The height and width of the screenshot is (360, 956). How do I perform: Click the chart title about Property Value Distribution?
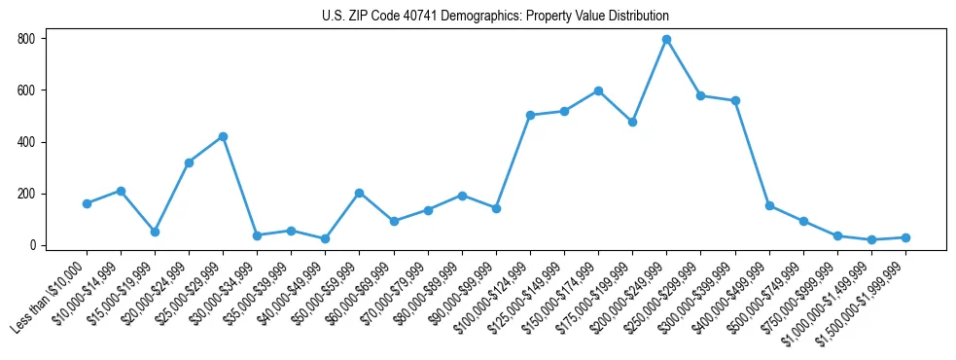pyautogui.click(x=495, y=16)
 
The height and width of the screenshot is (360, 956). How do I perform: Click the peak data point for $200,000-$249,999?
pyautogui.click(x=666, y=40)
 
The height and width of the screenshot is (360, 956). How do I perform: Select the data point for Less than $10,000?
pyautogui.click(x=87, y=203)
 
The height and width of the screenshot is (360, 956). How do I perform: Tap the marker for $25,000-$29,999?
pyautogui.click(x=223, y=137)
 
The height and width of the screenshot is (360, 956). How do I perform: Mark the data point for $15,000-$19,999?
pyautogui.click(x=155, y=232)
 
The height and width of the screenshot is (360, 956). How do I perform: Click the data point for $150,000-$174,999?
pyautogui.click(x=598, y=90)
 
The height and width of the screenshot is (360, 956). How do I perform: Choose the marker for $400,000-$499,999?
pyautogui.click(x=769, y=206)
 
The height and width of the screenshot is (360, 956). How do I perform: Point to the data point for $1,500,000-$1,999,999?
pyautogui.click(x=905, y=237)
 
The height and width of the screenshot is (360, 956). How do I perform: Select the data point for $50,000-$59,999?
pyautogui.click(x=360, y=193)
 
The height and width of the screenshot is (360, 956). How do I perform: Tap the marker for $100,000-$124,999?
pyautogui.click(x=530, y=115)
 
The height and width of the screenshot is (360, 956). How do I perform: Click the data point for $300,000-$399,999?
pyautogui.click(x=735, y=100)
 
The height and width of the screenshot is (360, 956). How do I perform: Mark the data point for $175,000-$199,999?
pyautogui.click(x=632, y=122)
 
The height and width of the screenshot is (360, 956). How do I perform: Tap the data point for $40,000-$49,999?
pyautogui.click(x=326, y=238)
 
